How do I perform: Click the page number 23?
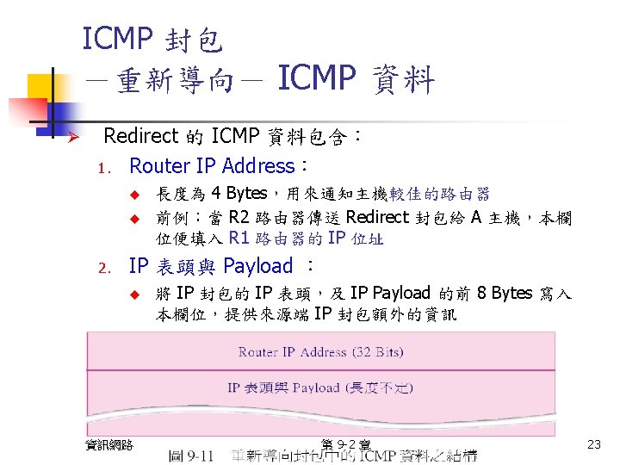(x=592, y=444)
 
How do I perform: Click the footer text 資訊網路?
(x=109, y=444)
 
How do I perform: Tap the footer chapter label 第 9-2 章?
(x=344, y=444)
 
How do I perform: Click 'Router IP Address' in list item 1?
(x=211, y=165)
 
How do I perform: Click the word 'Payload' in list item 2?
(x=257, y=265)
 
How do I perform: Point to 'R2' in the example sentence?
(x=241, y=216)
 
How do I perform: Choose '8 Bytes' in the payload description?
(x=504, y=293)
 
